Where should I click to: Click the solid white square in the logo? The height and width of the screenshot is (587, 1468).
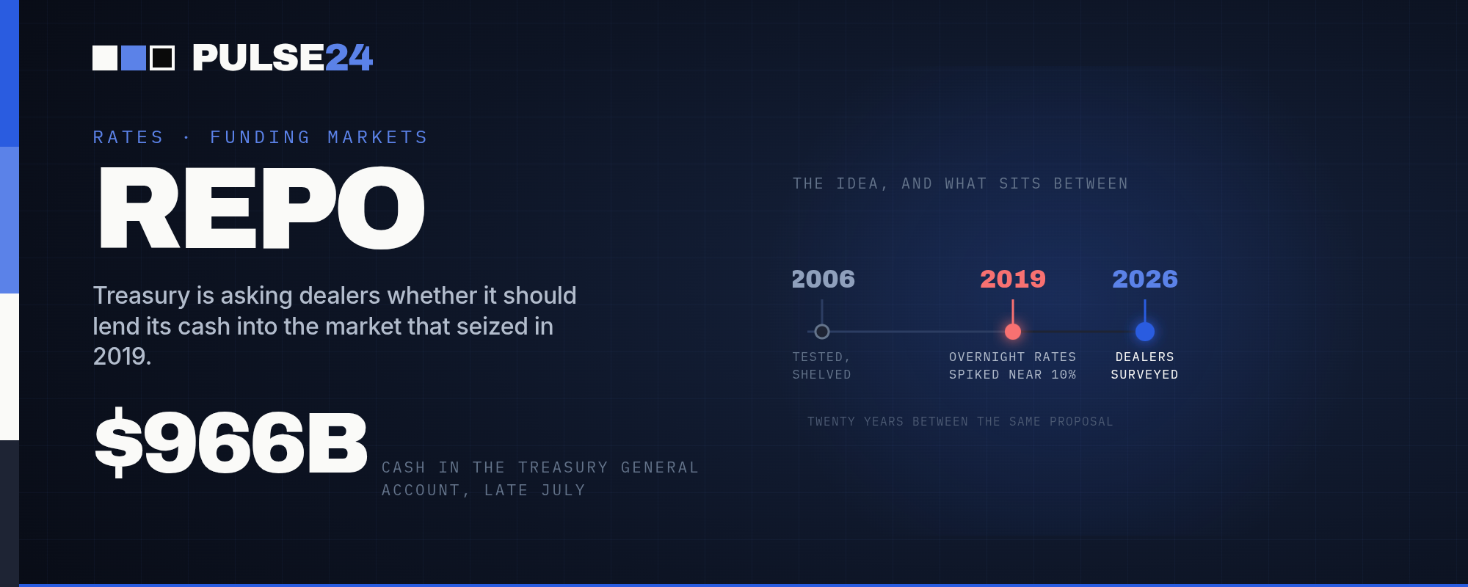point(105,58)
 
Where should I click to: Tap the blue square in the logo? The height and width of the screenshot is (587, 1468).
point(134,58)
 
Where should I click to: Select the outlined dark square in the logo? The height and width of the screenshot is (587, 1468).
point(162,58)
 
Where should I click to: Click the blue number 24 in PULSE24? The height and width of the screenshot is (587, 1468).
point(349,58)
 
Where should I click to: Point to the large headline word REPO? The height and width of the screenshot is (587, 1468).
point(262,208)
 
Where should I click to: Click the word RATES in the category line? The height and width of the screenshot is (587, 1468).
point(128,137)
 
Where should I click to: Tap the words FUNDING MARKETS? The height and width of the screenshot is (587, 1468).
point(319,137)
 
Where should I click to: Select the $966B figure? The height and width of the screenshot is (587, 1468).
point(231,442)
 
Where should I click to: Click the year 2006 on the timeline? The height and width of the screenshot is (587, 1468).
point(823,279)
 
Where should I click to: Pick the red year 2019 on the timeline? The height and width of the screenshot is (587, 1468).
point(1013,279)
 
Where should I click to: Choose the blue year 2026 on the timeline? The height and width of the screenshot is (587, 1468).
point(1145,279)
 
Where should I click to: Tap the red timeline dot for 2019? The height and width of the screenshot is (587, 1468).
point(1013,332)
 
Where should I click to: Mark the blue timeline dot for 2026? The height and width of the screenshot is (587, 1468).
point(1145,332)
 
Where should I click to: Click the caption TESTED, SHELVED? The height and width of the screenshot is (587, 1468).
point(822,365)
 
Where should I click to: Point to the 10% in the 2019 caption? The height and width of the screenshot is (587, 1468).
point(1064,375)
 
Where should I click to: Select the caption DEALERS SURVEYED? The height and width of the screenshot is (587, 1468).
point(1145,365)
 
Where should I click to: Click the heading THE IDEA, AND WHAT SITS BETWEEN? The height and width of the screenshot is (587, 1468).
point(960,183)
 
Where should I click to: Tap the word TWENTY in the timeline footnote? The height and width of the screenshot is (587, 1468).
point(831,422)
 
